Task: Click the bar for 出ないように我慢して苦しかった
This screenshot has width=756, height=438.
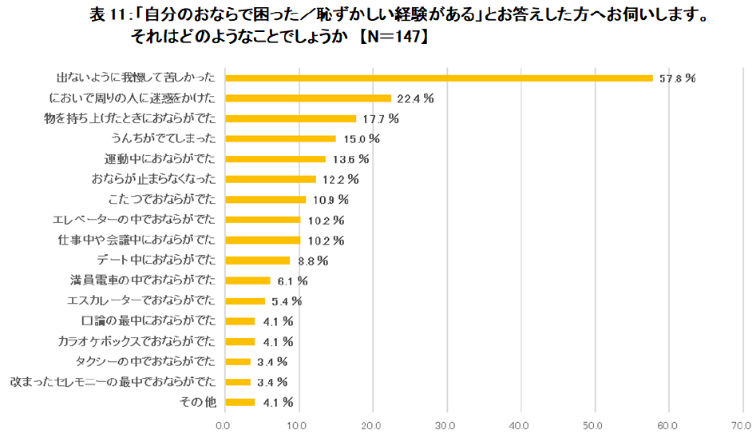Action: (x=439, y=78)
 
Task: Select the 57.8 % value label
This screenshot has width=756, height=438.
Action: (x=675, y=78)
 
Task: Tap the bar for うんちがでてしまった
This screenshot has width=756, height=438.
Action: (x=281, y=138)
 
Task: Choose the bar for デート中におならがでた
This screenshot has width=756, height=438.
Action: (x=258, y=260)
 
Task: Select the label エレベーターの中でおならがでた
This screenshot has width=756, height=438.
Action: (x=134, y=220)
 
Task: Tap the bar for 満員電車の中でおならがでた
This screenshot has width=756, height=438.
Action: (x=248, y=281)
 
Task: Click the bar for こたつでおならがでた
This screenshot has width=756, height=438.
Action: (x=266, y=199)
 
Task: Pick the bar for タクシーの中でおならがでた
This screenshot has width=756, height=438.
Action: (x=238, y=361)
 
